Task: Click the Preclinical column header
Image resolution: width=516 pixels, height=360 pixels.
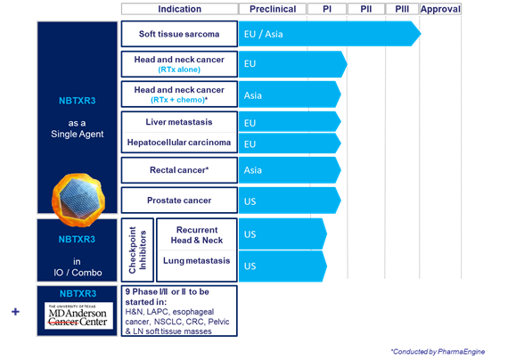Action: tap(273, 9)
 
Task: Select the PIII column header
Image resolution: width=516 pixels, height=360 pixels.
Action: tap(402, 9)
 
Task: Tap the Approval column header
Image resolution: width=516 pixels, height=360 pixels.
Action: tap(440, 9)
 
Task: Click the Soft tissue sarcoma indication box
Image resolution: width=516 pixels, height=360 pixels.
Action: tap(179, 34)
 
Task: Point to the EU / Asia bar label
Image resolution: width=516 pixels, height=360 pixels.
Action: tap(263, 34)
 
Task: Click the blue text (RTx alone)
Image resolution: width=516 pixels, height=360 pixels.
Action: tap(179, 70)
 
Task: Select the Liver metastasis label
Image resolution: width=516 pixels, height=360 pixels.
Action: tap(179, 122)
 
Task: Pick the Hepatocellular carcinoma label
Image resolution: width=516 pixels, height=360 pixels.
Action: tap(179, 143)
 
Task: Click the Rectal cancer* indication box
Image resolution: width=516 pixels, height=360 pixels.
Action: tap(179, 170)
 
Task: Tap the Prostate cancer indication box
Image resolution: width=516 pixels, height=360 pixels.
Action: tap(179, 200)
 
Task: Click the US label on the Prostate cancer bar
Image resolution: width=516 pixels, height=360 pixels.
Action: tap(250, 201)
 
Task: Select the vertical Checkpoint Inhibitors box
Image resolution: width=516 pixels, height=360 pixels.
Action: tap(137, 250)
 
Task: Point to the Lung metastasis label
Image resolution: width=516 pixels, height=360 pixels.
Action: tap(196, 260)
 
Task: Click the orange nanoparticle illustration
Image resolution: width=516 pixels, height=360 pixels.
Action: tap(78, 200)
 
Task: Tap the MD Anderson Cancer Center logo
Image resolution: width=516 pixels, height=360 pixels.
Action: tap(78, 315)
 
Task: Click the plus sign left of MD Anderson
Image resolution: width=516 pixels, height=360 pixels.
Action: tap(15, 311)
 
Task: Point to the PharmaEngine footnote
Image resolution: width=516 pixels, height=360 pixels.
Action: tap(438, 352)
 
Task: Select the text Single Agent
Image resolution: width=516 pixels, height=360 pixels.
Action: tap(78, 135)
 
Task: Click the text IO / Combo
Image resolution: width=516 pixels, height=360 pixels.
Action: tap(78, 273)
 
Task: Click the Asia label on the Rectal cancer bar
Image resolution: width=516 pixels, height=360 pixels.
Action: tap(253, 170)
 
